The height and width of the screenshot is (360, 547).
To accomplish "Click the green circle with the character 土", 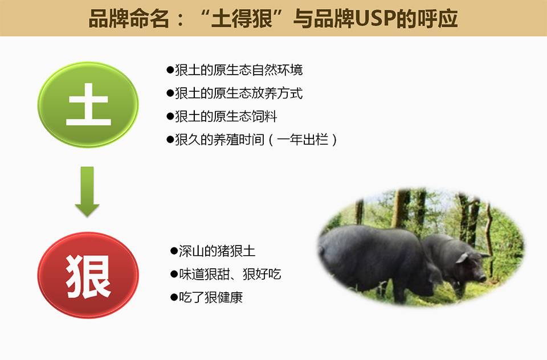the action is (x=88, y=105).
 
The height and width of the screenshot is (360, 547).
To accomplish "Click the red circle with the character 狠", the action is (x=88, y=275).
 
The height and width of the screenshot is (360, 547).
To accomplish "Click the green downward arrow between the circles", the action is (x=87, y=192).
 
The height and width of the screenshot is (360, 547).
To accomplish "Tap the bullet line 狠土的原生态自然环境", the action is (x=234, y=70).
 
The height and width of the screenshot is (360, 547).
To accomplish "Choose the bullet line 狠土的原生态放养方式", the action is (x=234, y=93).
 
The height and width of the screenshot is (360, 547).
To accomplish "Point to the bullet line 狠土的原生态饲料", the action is (x=222, y=117).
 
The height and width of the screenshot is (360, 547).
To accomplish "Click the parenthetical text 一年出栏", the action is (x=303, y=140).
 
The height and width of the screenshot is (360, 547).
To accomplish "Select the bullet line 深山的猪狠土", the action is (x=213, y=251).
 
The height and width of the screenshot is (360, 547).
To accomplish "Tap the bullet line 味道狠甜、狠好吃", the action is (x=226, y=274).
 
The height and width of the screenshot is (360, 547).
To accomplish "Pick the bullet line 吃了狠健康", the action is (x=206, y=297).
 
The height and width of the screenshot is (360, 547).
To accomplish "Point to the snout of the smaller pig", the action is (x=483, y=278).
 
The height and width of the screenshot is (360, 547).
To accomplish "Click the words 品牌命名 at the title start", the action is (x=129, y=19).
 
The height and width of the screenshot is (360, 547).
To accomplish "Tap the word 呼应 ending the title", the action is (x=438, y=19).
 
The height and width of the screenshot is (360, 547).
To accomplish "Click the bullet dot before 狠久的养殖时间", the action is (x=170, y=140).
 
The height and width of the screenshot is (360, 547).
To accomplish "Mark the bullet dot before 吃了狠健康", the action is (x=174, y=297).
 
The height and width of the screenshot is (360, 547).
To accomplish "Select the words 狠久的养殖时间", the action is (x=219, y=140).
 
